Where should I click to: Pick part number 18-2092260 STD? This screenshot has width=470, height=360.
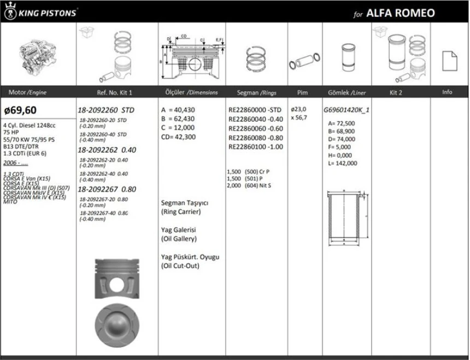click(107, 109)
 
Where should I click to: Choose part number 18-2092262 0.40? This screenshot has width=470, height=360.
click(107, 149)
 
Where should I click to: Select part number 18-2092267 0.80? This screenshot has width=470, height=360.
click(107, 189)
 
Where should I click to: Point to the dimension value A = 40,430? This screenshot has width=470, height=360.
click(179, 109)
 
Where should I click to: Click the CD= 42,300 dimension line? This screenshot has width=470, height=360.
click(179, 137)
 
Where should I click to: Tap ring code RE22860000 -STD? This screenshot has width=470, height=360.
click(255, 109)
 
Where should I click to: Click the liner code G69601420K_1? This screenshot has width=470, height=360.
click(346, 109)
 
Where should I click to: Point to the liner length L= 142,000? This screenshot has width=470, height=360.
click(343, 163)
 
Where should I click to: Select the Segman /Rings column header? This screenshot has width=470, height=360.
click(256, 92)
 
